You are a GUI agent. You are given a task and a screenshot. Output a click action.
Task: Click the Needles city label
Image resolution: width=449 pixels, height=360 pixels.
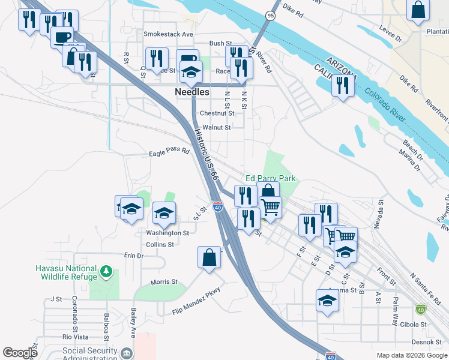click(192, 92)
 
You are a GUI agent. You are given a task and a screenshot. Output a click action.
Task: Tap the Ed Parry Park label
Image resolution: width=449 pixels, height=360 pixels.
click(271, 179)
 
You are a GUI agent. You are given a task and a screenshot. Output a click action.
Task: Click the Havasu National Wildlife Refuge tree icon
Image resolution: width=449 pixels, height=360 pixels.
click(107, 272)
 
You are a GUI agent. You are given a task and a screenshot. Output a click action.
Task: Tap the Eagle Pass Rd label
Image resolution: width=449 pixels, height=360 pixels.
click(169, 153)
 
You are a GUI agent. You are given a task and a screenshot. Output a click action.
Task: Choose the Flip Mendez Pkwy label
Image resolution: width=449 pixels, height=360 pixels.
click(196, 301)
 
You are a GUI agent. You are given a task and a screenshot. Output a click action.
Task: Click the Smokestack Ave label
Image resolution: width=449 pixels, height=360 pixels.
click(168, 35)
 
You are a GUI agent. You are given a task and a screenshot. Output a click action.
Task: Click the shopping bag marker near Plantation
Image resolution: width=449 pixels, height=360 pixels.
click(418, 10)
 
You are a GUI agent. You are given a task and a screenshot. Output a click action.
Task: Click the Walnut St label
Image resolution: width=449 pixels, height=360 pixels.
click(217, 128)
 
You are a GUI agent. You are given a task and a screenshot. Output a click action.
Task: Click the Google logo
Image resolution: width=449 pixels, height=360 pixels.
click(20, 353)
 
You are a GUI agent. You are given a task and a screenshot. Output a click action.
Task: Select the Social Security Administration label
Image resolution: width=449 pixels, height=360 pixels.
click(82, 353)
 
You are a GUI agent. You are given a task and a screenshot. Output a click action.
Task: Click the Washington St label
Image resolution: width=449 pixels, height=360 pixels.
click(168, 233)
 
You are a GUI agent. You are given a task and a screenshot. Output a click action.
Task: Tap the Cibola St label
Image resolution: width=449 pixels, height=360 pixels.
click(414, 325)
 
